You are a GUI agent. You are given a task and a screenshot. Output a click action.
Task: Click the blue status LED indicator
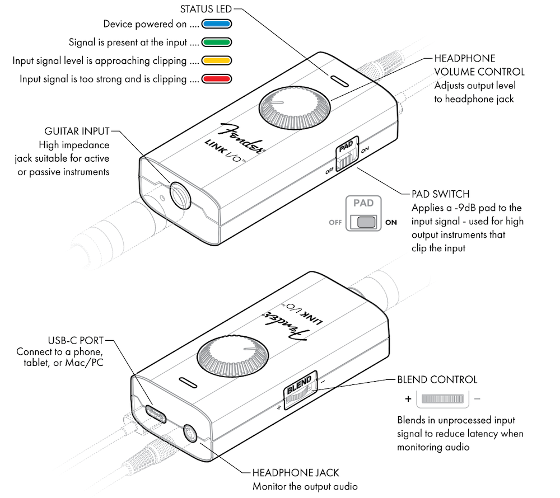click(x=216, y=24)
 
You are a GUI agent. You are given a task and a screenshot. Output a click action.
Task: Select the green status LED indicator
click(x=216, y=42)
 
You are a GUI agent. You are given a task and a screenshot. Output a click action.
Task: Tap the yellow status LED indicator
click(x=216, y=60)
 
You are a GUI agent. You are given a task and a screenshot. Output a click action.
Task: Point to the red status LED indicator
click(x=216, y=78)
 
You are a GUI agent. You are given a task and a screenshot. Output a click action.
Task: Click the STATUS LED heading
click(x=206, y=9)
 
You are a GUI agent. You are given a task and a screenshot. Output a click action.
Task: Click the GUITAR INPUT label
click(x=77, y=131)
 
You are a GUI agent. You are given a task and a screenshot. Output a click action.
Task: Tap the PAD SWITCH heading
click(x=440, y=194)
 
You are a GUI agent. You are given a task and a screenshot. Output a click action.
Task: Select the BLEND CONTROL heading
click(x=437, y=379)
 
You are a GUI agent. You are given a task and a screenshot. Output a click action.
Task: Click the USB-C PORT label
click(x=76, y=340)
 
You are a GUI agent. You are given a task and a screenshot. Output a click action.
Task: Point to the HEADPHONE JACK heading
click(x=296, y=473)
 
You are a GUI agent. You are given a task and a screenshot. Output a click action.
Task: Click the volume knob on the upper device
click(x=295, y=107)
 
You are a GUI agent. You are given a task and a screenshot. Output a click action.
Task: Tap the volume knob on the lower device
click(x=232, y=355)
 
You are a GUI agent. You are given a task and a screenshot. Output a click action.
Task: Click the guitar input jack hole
click(x=180, y=195)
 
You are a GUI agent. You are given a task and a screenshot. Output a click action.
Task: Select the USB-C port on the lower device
click(x=155, y=414)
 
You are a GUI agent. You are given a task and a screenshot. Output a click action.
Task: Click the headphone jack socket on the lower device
click(x=190, y=434)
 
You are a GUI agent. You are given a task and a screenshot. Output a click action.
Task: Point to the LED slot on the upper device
click(x=339, y=81)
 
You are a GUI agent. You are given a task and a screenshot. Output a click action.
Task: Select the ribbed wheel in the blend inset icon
click(x=442, y=398)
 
